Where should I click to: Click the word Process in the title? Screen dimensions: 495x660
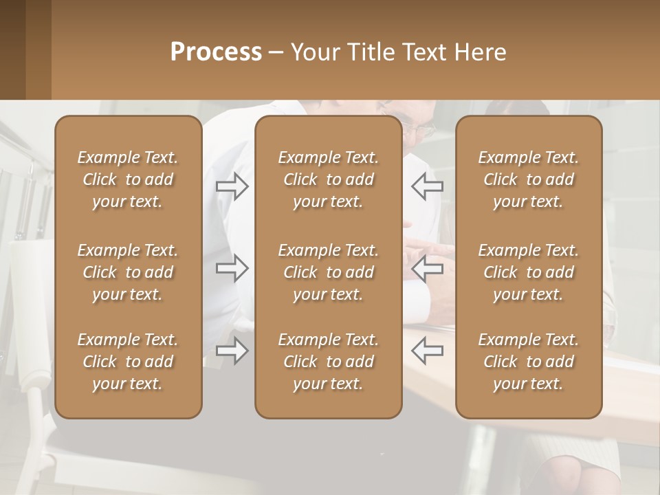point(216,52)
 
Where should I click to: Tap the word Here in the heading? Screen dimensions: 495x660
point(480,52)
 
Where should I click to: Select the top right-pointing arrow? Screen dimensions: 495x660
point(232,186)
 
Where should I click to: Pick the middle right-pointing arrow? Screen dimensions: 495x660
point(232,268)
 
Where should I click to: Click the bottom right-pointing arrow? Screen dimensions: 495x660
point(232,351)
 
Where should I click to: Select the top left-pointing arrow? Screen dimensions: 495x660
point(427,186)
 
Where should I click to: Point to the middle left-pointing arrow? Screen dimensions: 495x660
point(427,268)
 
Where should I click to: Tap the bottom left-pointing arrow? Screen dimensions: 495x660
point(427,351)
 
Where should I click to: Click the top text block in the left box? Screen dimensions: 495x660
point(128,179)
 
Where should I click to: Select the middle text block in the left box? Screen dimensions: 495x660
point(128,272)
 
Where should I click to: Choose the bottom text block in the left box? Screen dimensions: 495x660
point(128,362)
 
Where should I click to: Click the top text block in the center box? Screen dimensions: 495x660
point(328,179)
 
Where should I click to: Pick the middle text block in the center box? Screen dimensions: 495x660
point(328,272)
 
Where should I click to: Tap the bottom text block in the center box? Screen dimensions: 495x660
point(328,362)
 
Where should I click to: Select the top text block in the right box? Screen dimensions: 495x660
point(528,179)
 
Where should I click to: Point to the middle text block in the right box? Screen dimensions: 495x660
point(528,272)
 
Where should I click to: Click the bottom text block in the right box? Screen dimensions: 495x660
point(528,362)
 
